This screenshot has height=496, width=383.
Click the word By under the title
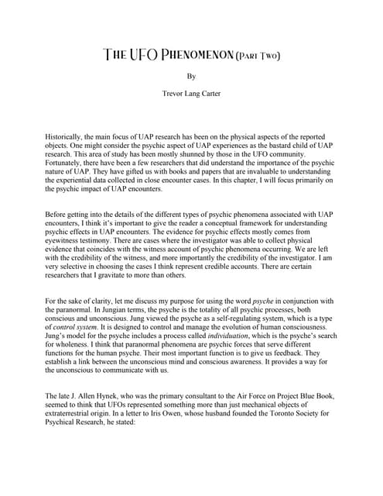pos(191,77)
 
